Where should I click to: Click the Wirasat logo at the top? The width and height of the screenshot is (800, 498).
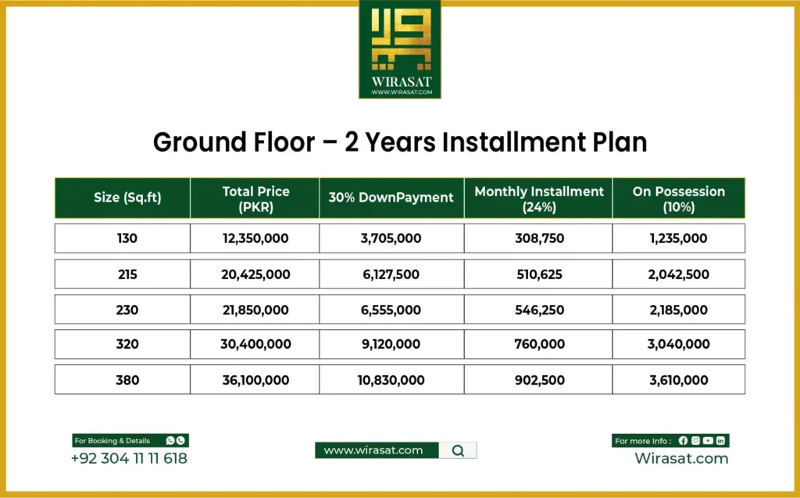pos(399,48)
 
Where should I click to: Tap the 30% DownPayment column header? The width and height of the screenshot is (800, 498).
pos(391,198)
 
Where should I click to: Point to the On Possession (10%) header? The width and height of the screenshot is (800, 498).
pos(678,199)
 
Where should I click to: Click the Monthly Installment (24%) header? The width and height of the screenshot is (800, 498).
pos(539,199)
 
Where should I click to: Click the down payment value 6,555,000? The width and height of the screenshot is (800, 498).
pos(391,310)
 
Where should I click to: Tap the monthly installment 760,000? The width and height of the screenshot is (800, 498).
pos(539,345)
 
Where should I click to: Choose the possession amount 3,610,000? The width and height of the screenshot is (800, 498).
pos(678,381)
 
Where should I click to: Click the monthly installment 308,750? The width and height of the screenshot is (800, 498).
pos(539,238)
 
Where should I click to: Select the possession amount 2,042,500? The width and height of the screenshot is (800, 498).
pos(678,274)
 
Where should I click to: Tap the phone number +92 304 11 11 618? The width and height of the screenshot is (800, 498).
pos(129,459)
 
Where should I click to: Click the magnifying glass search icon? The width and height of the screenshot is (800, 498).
pos(458,450)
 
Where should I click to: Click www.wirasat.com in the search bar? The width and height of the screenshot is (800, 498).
pos(373,450)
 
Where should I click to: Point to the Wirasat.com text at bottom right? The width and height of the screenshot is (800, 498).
pos(681,459)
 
